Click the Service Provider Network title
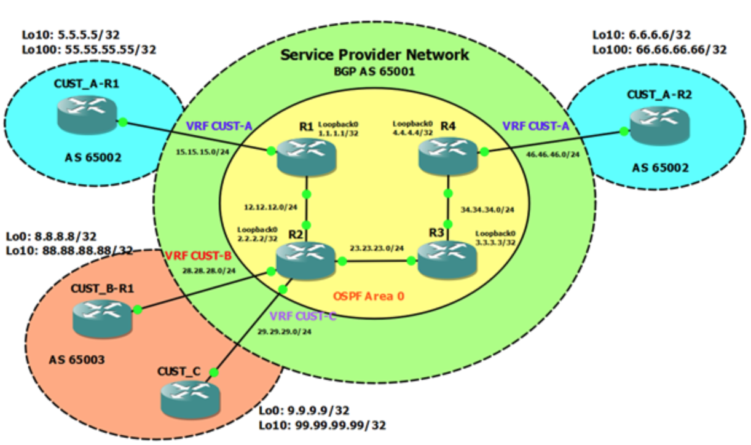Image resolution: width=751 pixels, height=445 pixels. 374,55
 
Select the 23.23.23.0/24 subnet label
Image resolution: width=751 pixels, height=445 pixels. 376,249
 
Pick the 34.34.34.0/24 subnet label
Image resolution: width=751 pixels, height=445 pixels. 487,209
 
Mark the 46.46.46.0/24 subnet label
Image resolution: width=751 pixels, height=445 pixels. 552,155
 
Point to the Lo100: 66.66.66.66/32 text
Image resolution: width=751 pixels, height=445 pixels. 659,49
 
